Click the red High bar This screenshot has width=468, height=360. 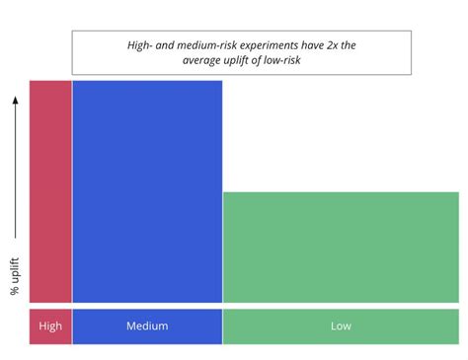50,190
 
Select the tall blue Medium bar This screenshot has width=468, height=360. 147,190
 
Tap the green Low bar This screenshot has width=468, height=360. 341,247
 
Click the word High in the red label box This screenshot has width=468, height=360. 50,326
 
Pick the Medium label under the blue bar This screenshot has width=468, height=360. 147,326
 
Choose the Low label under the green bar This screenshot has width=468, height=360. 341,326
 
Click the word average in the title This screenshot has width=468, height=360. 203,60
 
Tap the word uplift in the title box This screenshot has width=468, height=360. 245,60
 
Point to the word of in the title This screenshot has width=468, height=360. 268,60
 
